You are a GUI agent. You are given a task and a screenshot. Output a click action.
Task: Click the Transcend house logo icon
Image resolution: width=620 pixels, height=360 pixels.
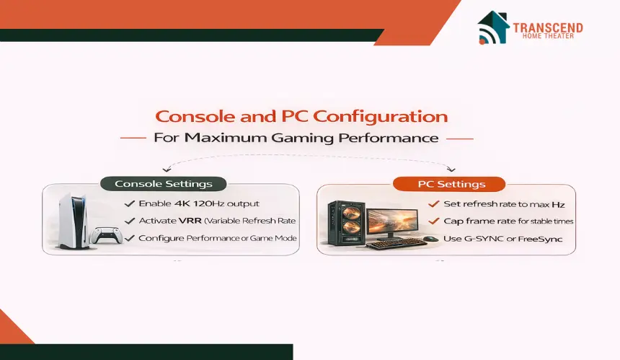tap(493, 27)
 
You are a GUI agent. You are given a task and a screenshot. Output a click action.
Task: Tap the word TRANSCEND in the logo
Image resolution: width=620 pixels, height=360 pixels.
tap(548, 27)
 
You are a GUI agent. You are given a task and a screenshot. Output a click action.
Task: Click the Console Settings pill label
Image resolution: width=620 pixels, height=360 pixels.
tap(164, 184)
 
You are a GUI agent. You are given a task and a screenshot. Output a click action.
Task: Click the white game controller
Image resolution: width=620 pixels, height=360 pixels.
tap(105, 235)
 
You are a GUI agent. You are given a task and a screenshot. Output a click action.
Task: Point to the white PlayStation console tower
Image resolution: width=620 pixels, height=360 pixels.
tap(73, 221)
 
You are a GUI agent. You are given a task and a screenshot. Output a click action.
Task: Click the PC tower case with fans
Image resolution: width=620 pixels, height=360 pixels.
tap(345, 224)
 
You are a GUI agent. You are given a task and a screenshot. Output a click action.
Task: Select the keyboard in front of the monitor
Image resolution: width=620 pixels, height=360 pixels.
tap(397, 244)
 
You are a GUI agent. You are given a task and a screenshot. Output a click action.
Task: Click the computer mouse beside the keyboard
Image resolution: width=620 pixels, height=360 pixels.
tap(431, 239)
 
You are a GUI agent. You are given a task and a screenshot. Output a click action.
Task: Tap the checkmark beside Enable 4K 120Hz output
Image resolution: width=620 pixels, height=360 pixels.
tap(130, 203)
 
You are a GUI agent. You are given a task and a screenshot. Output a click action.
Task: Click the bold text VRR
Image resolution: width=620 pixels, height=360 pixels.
tap(190, 221)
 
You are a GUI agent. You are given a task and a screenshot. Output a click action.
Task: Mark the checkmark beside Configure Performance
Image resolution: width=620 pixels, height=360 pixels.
tap(130, 238)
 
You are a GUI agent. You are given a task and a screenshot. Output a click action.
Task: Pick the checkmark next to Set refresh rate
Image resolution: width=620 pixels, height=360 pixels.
tap(434, 203)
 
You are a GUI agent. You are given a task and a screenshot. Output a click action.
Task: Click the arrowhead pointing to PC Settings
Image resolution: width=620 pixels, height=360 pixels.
tap(451, 170)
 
